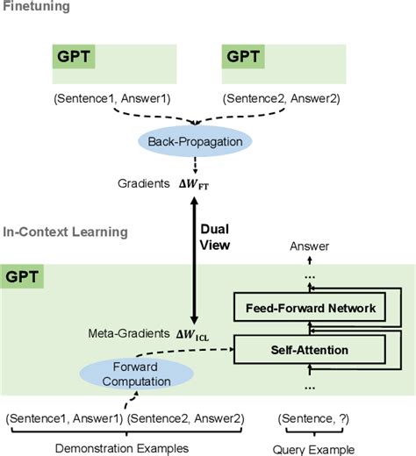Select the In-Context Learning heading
[65, 232]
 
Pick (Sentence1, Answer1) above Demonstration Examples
[64, 418]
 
